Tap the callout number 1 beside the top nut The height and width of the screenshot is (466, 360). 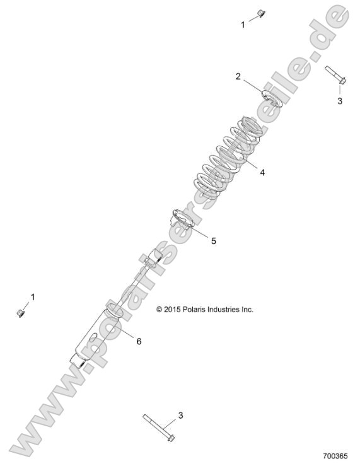point(243,25)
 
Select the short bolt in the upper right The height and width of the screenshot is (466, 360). point(334,75)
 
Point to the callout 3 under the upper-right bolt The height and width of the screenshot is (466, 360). point(339,101)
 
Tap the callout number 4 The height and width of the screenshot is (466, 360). point(262,172)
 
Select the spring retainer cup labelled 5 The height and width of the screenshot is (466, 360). point(182,222)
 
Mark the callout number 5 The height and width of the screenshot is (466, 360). point(213,241)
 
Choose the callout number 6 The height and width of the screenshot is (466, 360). point(139,341)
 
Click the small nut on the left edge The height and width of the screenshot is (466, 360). point(20,312)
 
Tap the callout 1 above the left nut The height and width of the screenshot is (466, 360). point(33,296)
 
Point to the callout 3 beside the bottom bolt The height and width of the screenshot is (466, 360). point(180,415)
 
